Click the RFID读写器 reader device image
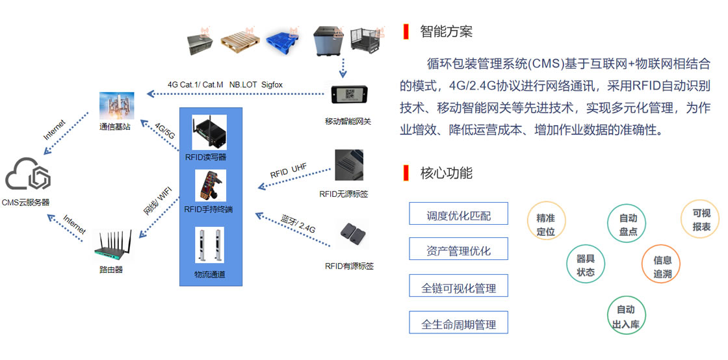click(x=209, y=132)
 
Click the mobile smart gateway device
click(x=348, y=95)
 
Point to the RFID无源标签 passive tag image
click(x=349, y=164)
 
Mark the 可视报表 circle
click(x=700, y=220)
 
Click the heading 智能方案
click(x=446, y=32)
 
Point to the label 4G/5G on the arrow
click(x=164, y=132)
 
